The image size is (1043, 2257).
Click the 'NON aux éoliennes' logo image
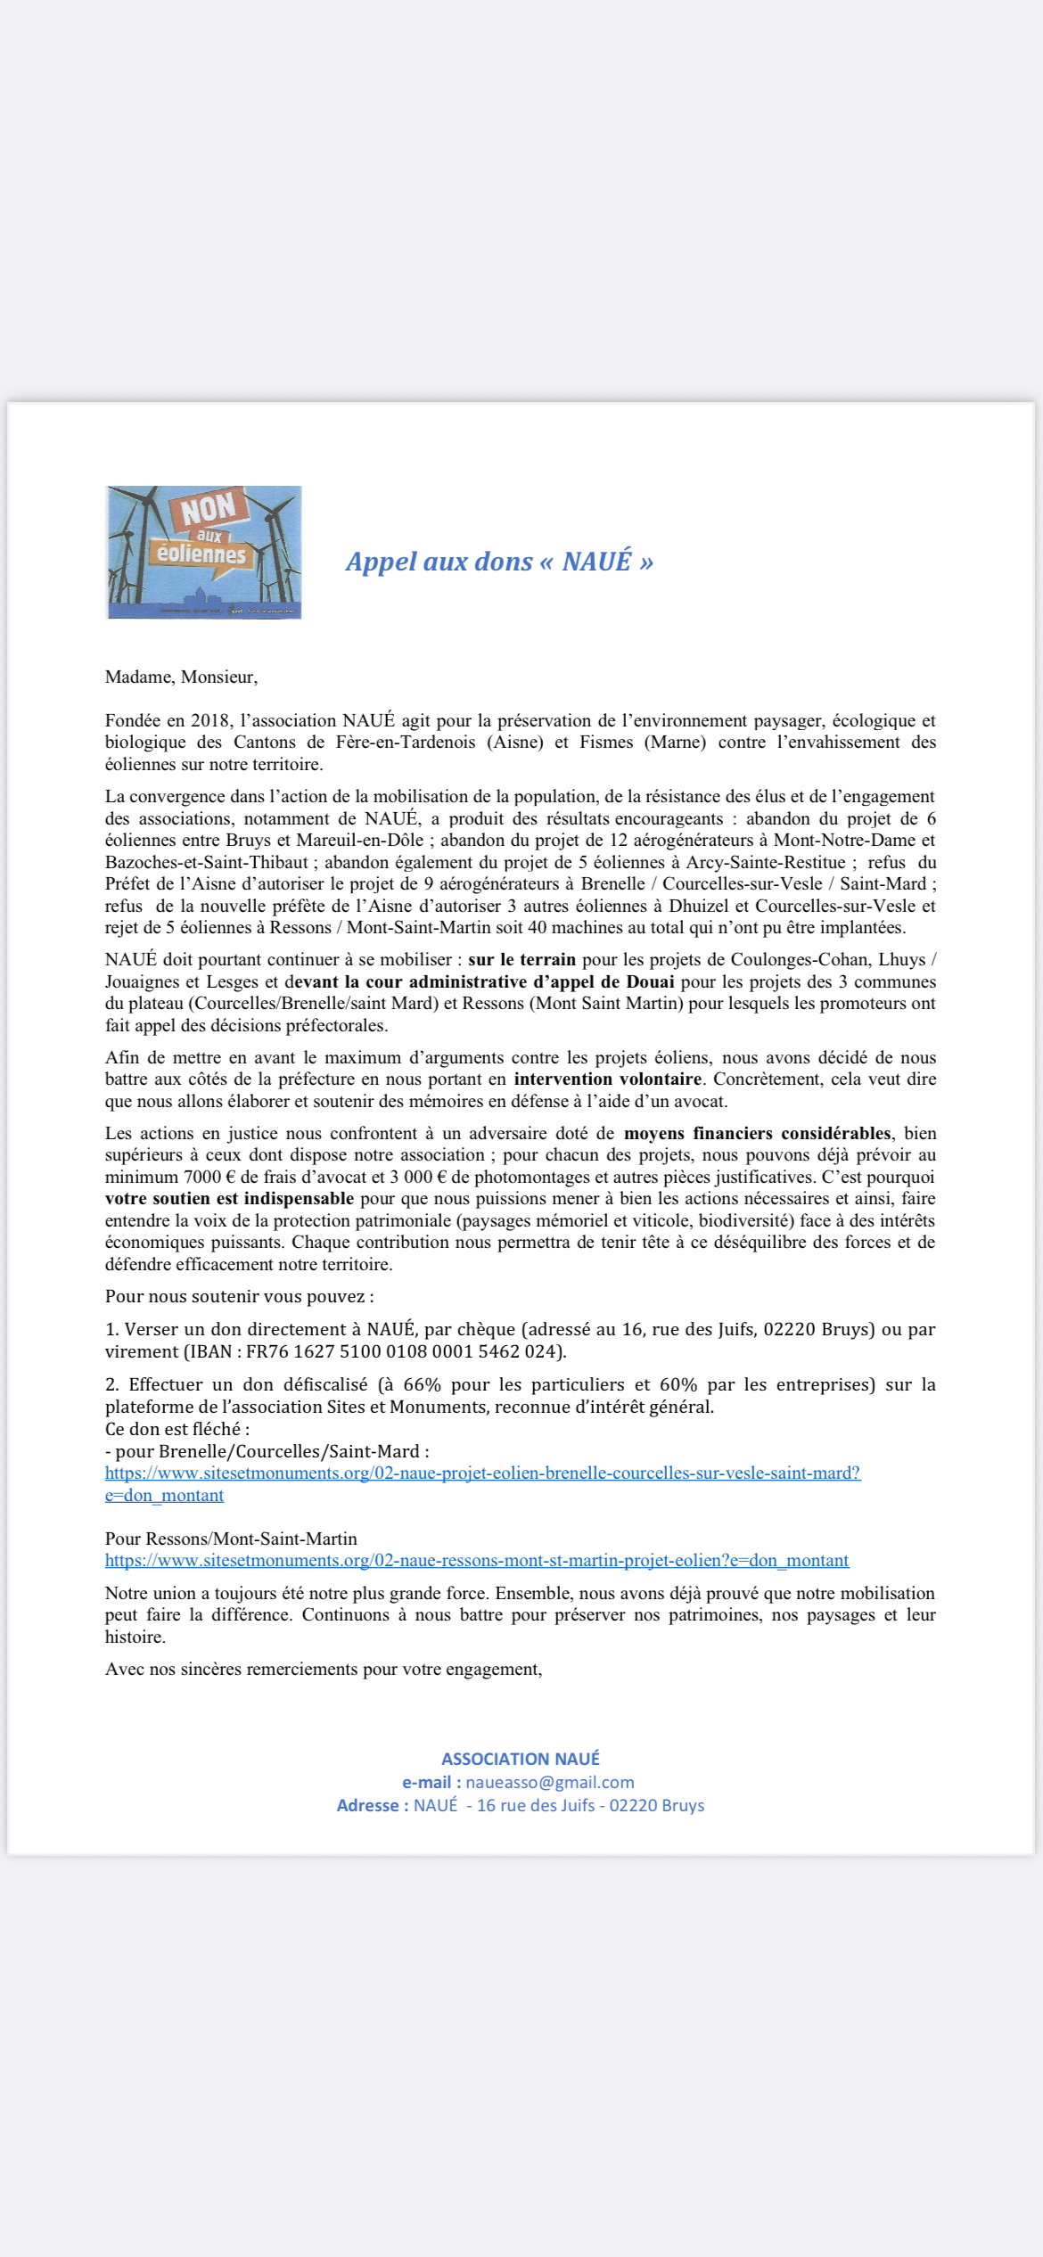click(204, 552)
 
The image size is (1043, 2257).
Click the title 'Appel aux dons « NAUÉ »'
click(499, 562)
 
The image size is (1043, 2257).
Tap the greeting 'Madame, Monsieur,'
click(181, 677)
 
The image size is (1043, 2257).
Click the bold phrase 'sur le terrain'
click(521, 959)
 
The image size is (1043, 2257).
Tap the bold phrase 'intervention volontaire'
click(607, 1079)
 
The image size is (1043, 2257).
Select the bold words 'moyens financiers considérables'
click(757, 1133)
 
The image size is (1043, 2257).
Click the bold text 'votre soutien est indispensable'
click(229, 1198)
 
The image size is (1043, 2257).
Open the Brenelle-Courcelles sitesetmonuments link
click(482, 1473)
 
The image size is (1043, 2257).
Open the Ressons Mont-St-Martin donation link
click(477, 1560)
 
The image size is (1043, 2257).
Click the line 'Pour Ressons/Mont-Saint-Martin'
click(231, 1539)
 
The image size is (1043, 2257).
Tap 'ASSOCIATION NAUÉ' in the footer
click(521, 1759)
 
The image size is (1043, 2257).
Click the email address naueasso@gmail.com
click(549, 1782)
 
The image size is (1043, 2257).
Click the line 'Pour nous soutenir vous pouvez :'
click(239, 1296)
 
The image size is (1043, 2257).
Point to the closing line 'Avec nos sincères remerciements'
click(324, 1669)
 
